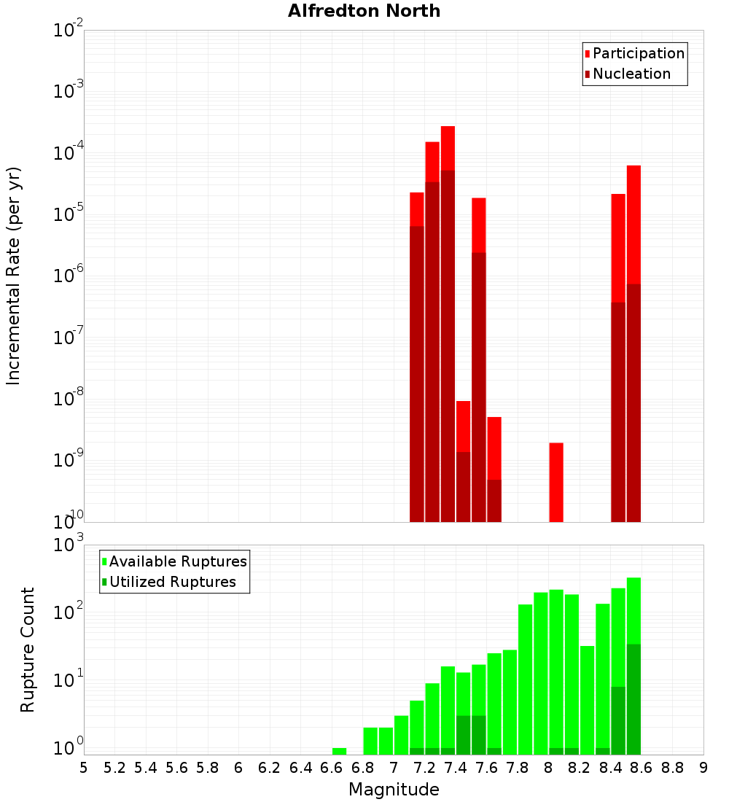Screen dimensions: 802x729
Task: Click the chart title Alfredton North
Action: click(364, 11)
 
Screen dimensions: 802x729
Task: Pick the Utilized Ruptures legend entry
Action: click(172, 582)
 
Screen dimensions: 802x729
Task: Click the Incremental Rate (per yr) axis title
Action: click(14, 276)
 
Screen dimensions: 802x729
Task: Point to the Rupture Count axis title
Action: click(28, 649)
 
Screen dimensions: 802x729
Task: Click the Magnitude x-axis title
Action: click(394, 790)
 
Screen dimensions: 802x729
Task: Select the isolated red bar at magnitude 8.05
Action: click(556, 481)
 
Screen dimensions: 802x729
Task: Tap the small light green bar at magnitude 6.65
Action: click(339, 751)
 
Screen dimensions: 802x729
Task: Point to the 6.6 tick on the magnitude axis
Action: click(331, 767)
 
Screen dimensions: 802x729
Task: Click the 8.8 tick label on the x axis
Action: click(672, 767)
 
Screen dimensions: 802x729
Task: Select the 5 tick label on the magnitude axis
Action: click(84, 767)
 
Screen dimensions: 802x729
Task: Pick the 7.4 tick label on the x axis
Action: click(455, 767)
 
